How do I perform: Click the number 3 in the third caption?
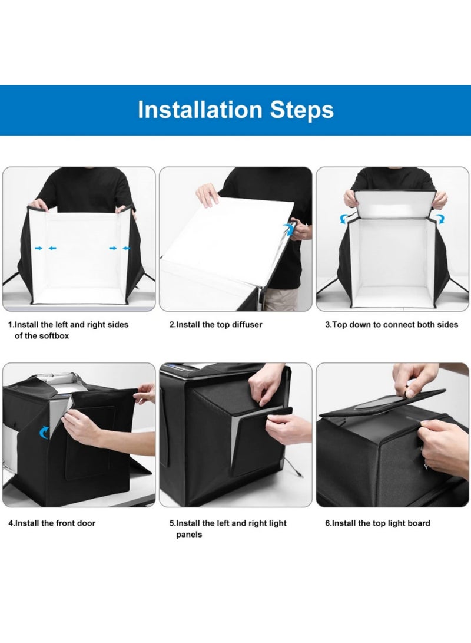coord(328,325)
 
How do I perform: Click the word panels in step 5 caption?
coord(188,535)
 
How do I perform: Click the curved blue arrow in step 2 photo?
coord(287,228)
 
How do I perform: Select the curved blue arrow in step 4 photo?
coord(45,434)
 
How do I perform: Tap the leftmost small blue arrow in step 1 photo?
coord(39,249)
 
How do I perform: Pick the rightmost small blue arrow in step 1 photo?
coord(126,249)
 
